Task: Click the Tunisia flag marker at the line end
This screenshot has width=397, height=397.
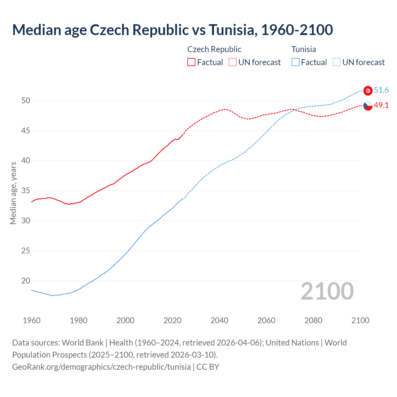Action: click(x=368, y=90)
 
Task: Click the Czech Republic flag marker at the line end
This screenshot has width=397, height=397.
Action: click(x=368, y=105)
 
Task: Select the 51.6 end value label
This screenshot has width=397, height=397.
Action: click(x=381, y=90)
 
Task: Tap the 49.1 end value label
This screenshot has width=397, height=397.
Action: click(x=381, y=105)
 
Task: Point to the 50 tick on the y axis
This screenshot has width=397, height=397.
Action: click(x=26, y=100)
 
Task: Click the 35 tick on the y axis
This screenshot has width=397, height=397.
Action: click(x=26, y=191)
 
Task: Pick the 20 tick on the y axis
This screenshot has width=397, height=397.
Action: click(x=26, y=281)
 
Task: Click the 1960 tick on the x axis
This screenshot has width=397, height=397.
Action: click(x=32, y=320)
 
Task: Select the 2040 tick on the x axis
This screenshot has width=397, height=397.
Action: click(x=219, y=320)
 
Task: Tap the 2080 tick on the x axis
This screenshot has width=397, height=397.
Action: click(x=313, y=320)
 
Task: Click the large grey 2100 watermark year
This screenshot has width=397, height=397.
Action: click(x=327, y=291)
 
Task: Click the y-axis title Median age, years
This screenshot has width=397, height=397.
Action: click(x=13, y=193)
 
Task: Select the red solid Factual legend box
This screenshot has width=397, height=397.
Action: click(x=191, y=62)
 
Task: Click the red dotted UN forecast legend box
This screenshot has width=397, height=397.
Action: click(x=233, y=62)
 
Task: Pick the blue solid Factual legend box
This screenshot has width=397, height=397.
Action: click(x=296, y=62)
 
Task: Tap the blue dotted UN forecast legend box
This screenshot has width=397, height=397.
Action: click(x=337, y=62)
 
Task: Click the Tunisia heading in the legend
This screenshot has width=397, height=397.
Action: click(x=304, y=49)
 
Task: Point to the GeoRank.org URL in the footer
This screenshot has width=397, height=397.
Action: click(x=101, y=367)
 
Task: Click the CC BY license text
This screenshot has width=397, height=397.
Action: click(x=208, y=367)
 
